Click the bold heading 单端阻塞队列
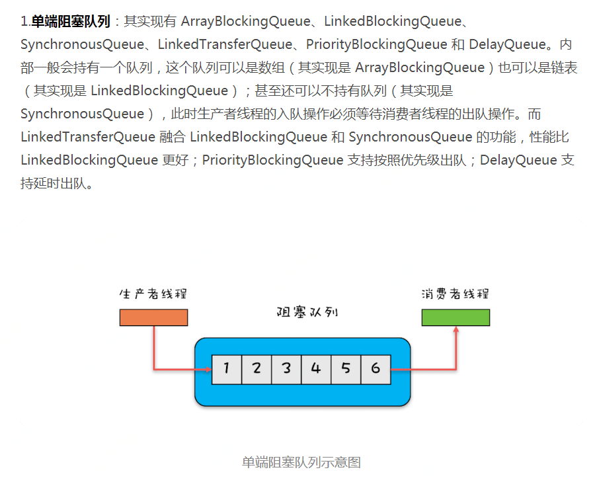(71, 21)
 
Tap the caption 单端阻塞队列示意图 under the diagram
(301, 462)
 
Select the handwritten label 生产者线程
(153, 294)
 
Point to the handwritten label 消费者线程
(455, 294)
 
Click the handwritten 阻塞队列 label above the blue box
(307, 312)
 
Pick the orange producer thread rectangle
(153, 317)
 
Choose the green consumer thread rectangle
(455, 317)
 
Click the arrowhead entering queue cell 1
(209, 370)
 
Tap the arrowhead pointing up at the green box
(456, 329)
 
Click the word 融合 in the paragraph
(173, 137)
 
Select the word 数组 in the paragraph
(272, 67)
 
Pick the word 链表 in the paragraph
(565, 67)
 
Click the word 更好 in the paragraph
(175, 160)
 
